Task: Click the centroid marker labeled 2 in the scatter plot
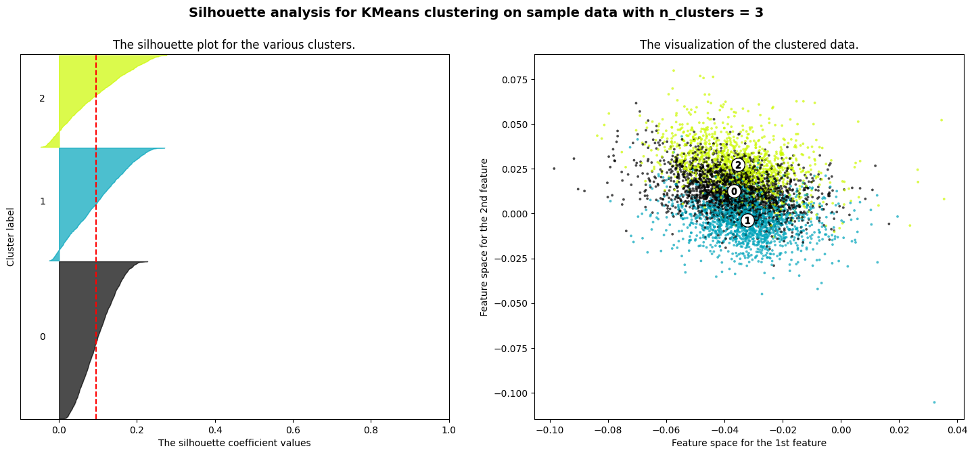tap(738, 165)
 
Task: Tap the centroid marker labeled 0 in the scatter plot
tap(734, 192)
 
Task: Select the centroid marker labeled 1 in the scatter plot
tap(747, 220)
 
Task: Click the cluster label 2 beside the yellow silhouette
tap(42, 98)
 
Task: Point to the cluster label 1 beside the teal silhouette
tap(42, 201)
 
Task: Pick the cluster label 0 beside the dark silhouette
tap(42, 337)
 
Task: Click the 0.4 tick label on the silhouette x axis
tap(215, 429)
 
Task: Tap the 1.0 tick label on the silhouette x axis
tap(449, 429)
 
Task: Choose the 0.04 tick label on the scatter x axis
tap(956, 429)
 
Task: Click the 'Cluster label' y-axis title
tap(11, 236)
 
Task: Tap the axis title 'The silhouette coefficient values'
tap(234, 443)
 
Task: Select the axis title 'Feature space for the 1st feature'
tap(749, 443)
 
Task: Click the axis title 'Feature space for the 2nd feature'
tap(484, 237)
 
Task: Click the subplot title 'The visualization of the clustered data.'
tap(749, 45)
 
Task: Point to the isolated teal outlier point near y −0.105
tap(934, 402)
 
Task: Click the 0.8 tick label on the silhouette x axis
tap(371, 429)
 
